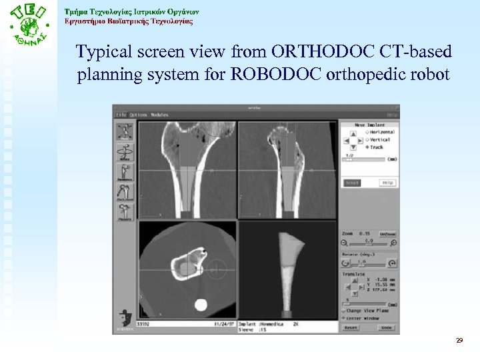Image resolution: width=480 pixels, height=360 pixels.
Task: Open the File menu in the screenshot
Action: (122, 115)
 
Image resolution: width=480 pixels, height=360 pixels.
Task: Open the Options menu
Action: (138, 115)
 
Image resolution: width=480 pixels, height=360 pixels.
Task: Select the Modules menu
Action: (159, 115)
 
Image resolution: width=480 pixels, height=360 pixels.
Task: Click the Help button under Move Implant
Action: (387, 182)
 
